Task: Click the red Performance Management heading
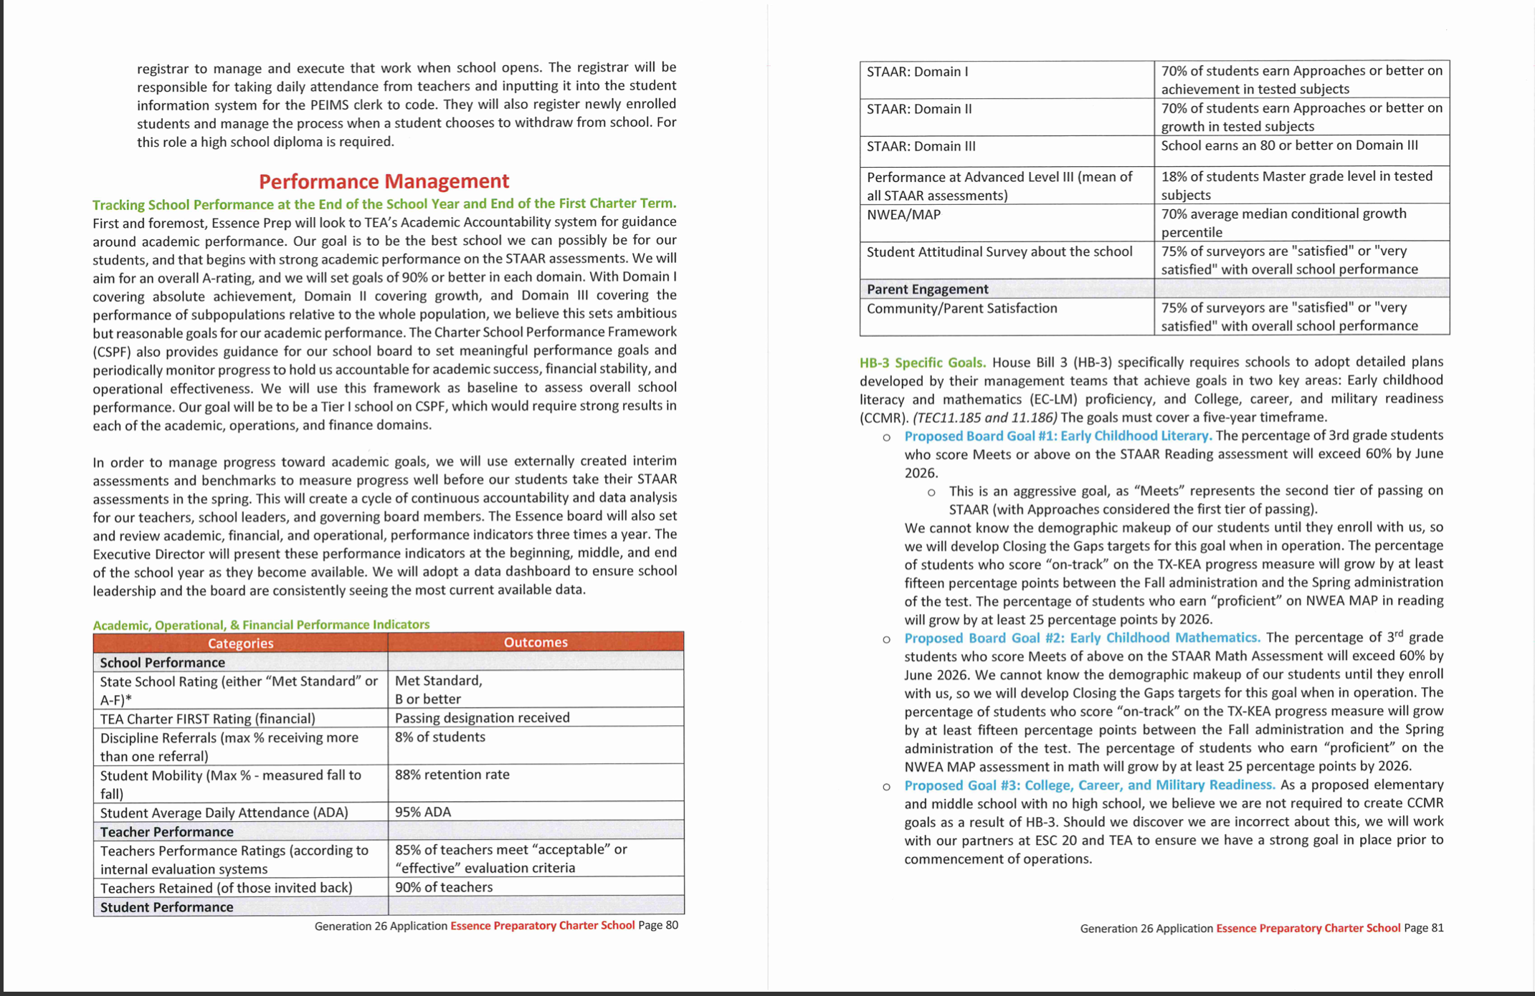pyautogui.click(x=384, y=181)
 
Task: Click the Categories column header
pyautogui.click(x=240, y=643)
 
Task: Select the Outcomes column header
pyautogui.click(x=535, y=642)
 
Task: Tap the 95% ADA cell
pyautogui.click(x=423, y=812)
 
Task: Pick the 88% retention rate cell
pyautogui.click(x=452, y=775)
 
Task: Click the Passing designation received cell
pyautogui.click(x=482, y=718)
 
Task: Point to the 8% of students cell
pyautogui.click(x=439, y=737)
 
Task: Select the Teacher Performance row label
pyautogui.click(x=166, y=832)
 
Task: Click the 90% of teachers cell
pyautogui.click(x=443, y=887)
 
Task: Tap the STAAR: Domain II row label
pyautogui.click(x=919, y=109)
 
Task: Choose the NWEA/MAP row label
pyautogui.click(x=903, y=215)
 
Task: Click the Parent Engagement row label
pyautogui.click(x=927, y=289)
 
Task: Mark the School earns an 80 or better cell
pyautogui.click(x=1289, y=145)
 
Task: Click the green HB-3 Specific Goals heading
pyautogui.click(x=922, y=363)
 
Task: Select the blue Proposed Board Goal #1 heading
pyautogui.click(x=1058, y=436)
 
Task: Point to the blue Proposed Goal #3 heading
pyautogui.click(x=1089, y=785)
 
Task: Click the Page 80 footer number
pyautogui.click(x=657, y=925)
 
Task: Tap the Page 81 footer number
pyautogui.click(x=1423, y=928)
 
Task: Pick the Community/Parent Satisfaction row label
pyautogui.click(x=961, y=309)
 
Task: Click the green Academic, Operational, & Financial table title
pyautogui.click(x=261, y=625)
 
